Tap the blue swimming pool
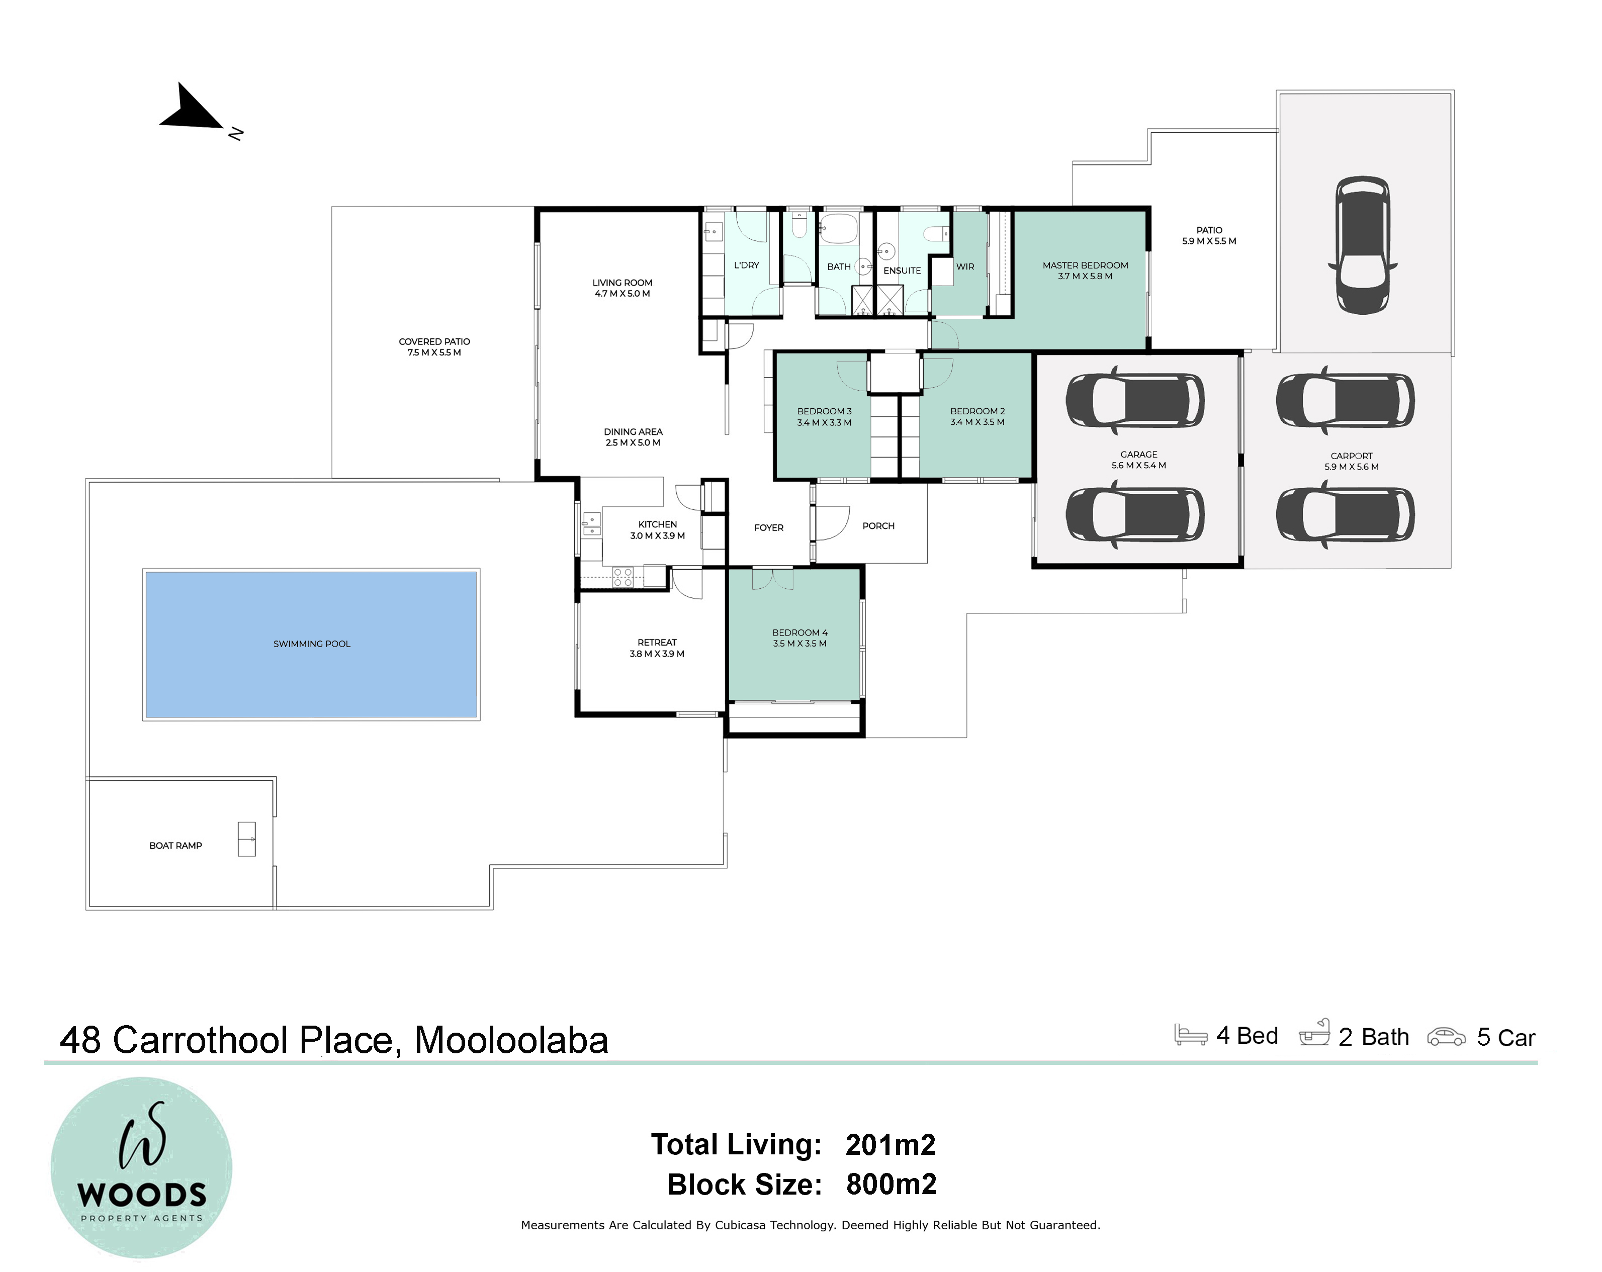click(x=311, y=644)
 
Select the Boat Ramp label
click(x=175, y=846)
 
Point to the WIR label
click(x=965, y=267)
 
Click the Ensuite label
click(x=902, y=270)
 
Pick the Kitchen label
click(x=658, y=524)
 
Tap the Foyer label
click(x=769, y=527)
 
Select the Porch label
click(x=878, y=526)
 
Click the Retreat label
click(x=657, y=643)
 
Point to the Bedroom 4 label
click(x=799, y=633)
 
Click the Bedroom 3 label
click(x=824, y=412)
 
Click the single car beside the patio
click(x=1363, y=245)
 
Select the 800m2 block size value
click(x=891, y=1185)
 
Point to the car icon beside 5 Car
click(x=1446, y=1037)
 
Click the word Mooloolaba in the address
click(x=511, y=1040)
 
